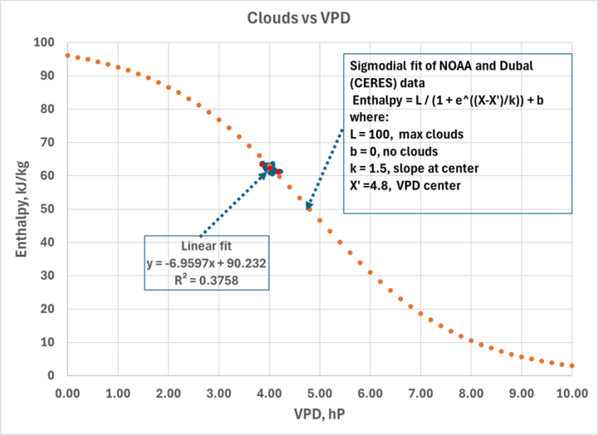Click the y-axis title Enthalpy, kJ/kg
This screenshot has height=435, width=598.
[17, 209]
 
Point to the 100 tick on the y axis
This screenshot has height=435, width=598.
[43, 42]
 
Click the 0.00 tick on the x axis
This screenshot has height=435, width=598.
[66, 392]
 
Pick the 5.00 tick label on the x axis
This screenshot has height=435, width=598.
[319, 392]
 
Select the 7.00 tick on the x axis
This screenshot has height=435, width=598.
[420, 392]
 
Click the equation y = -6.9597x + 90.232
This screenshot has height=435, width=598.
[206, 263]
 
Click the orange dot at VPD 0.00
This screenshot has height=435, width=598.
[67, 56]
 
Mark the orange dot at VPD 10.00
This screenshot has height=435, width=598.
[571, 365]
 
